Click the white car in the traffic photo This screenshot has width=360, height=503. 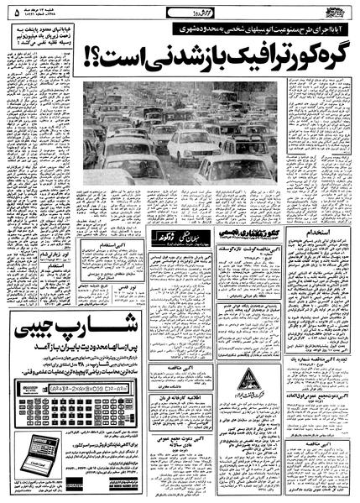pyautogui.click(x=188, y=146)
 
